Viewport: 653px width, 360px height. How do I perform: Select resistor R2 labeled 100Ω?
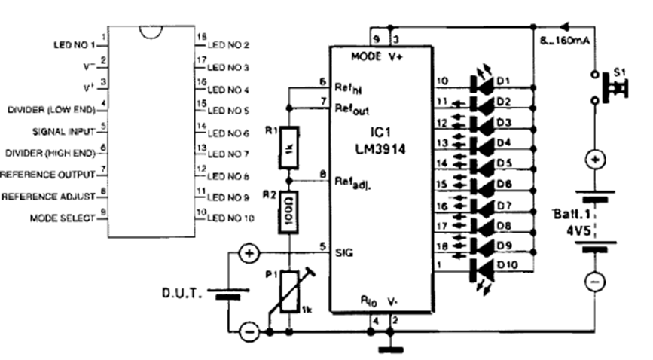pos(289,212)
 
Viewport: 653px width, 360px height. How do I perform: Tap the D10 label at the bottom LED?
pos(506,266)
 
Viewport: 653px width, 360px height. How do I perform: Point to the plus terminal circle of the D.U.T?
pos(247,254)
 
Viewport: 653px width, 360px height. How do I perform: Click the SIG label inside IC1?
pos(343,254)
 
